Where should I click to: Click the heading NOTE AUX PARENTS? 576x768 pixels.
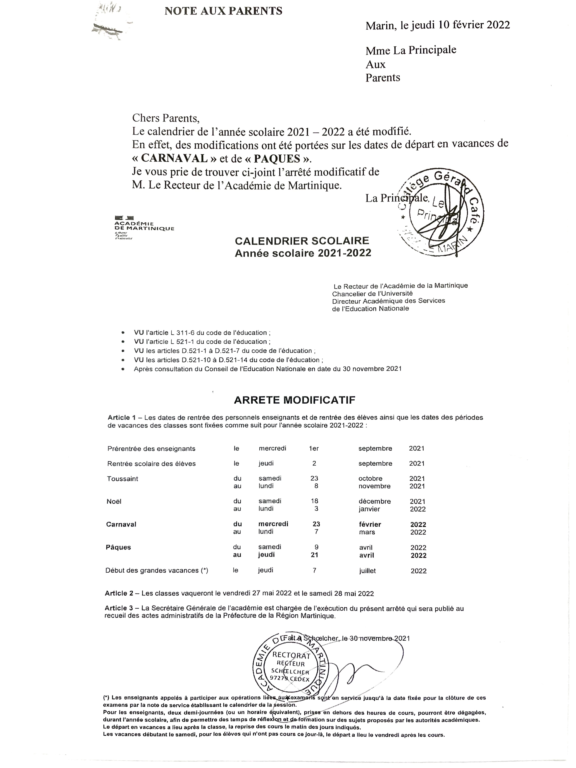click(223, 11)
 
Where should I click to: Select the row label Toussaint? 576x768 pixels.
click(122, 479)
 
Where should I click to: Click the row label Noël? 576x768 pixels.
click(114, 501)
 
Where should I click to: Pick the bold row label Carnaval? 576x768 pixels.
click(121, 524)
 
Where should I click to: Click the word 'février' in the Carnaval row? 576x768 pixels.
click(370, 524)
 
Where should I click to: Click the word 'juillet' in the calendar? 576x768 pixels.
click(368, 571)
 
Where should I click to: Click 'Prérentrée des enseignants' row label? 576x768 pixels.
click(151, 449)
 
